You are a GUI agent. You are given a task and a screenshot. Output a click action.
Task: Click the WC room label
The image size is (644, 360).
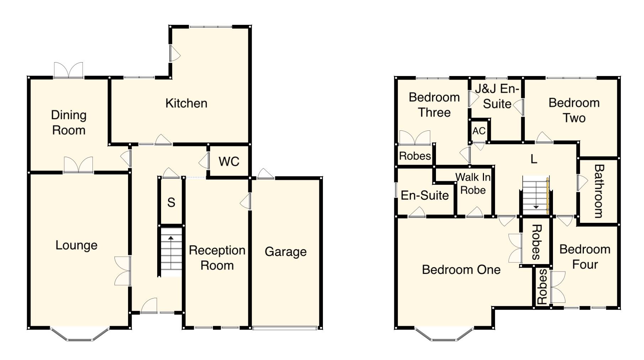[x=229, y=161]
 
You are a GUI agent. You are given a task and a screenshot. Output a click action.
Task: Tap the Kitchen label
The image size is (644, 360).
[x=186, y=103]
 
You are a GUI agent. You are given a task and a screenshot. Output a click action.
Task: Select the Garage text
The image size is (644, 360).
[x=286, y=252]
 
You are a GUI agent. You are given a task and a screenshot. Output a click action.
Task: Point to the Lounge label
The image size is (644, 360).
[x=76, y=246]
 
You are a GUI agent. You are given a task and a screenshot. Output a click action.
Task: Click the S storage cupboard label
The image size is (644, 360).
[x=171, y=203]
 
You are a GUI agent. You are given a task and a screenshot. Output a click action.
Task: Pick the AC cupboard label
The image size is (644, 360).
[x=479, y=131]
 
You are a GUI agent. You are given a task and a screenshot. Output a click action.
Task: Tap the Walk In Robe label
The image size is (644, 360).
[x=473, y=183]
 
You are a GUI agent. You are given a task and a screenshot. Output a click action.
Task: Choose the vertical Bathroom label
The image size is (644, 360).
[x=599, y=191]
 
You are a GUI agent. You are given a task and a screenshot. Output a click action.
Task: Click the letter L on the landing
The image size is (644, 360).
[x=534, y=159]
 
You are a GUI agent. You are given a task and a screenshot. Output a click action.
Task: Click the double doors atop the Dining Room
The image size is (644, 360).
[x=68, y=70]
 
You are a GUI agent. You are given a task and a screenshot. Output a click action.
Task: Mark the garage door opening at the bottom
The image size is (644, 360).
[x=285, y=328]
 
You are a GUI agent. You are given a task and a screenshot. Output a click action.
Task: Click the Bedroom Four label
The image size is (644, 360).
[x=585, y=257]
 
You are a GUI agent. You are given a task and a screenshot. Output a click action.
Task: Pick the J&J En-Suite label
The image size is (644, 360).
[x=497, y=96]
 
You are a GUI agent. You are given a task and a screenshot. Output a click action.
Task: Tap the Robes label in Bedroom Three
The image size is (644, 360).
[x=415, y=156]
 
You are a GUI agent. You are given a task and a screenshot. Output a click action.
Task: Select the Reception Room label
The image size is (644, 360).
[x=217, y=258]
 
